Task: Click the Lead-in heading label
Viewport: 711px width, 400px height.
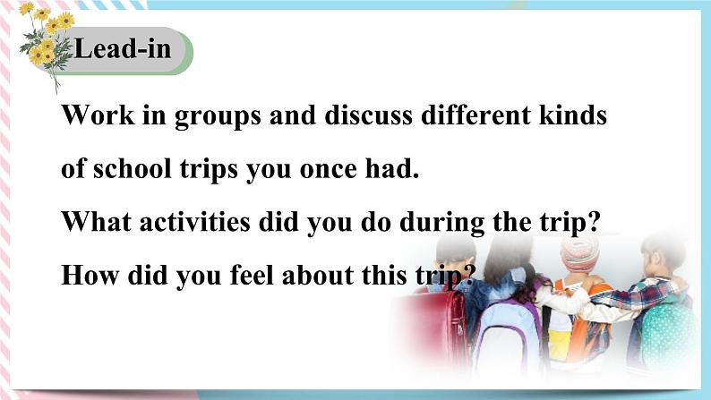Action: tap(122, 49)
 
